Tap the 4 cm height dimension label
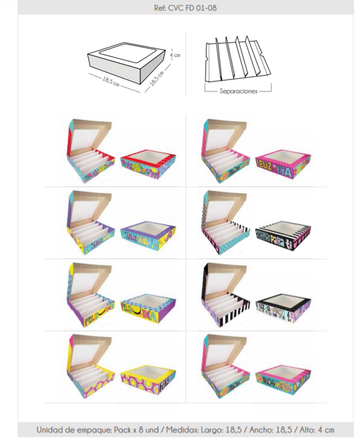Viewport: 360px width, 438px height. coord(176,55)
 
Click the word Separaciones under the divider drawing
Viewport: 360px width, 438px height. coord(238,91)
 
